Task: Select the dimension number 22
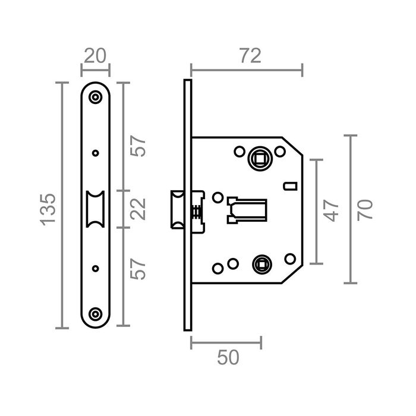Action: coord(138,209)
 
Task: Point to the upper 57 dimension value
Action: coord(138,147)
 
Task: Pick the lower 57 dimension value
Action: coord(138,270)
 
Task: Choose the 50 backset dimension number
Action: coord(226,357)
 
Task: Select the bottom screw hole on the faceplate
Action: coord(95,313)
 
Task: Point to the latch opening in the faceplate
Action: coord(95,209)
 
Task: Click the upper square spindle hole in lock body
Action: coord(260,158)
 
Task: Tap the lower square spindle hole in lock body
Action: coord(260,263)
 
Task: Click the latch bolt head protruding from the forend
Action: coord(177,209)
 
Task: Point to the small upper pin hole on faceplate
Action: coord(95,153)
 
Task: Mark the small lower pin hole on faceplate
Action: coord(95,268)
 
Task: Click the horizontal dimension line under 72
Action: coord(247,70)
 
